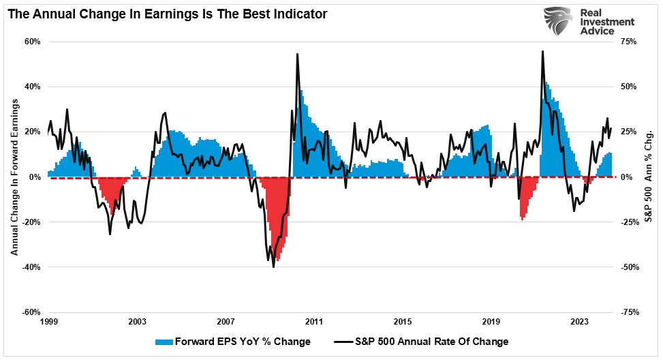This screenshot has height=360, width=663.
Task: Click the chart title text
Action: (167, 13)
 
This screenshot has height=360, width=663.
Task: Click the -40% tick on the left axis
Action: (31, 267)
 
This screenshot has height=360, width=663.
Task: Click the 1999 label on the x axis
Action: (48, 321)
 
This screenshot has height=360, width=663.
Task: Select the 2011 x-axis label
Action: (314, 321)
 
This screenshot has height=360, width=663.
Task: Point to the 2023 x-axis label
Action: (580, 321)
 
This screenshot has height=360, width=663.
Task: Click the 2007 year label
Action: (226, 321)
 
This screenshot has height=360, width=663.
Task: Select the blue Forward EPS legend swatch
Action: (164, 342)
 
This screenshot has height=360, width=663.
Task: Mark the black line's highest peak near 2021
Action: (542, 51)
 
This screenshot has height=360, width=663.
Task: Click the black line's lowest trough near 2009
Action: (274, 267)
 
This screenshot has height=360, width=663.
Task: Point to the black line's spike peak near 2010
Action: (297, 54)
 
